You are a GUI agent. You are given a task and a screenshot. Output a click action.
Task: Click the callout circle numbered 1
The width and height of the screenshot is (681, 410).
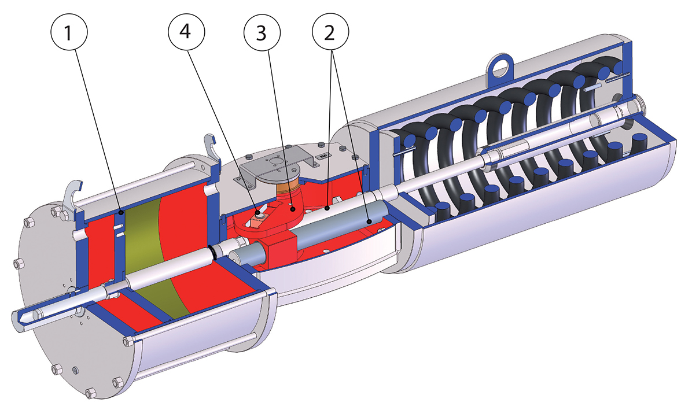coord(68,34)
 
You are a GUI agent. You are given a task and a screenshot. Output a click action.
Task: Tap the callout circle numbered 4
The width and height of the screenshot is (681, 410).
coord(185,34)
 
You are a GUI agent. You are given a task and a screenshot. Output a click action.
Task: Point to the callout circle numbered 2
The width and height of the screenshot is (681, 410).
coord(329,34)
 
